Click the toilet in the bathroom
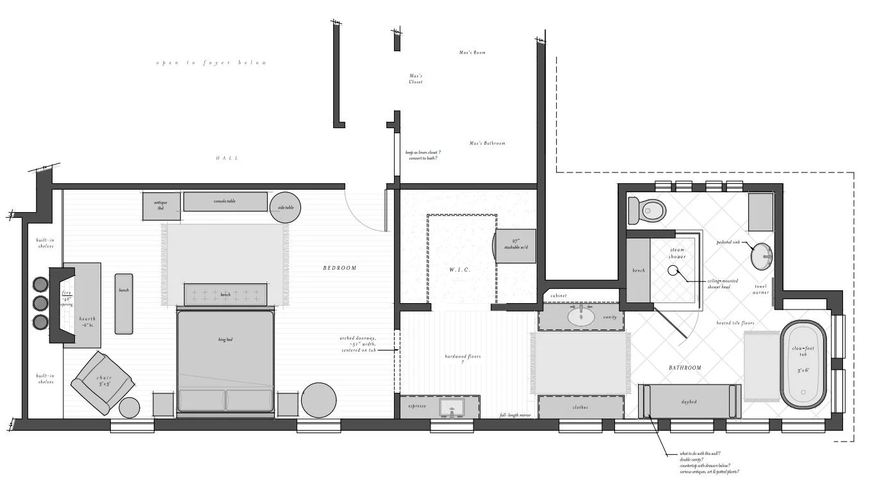point(648,210)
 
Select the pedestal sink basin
point(762,256)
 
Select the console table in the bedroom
point(225,201)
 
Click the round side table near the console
point(285,207)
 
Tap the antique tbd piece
point(161,206)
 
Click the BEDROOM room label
point(340,268)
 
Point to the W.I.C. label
point(460,270)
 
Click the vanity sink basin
point(581,317)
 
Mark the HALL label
point(227,158)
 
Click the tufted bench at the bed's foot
point(225,294)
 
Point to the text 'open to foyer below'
point(211,63)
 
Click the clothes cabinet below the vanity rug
point(580,407)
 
